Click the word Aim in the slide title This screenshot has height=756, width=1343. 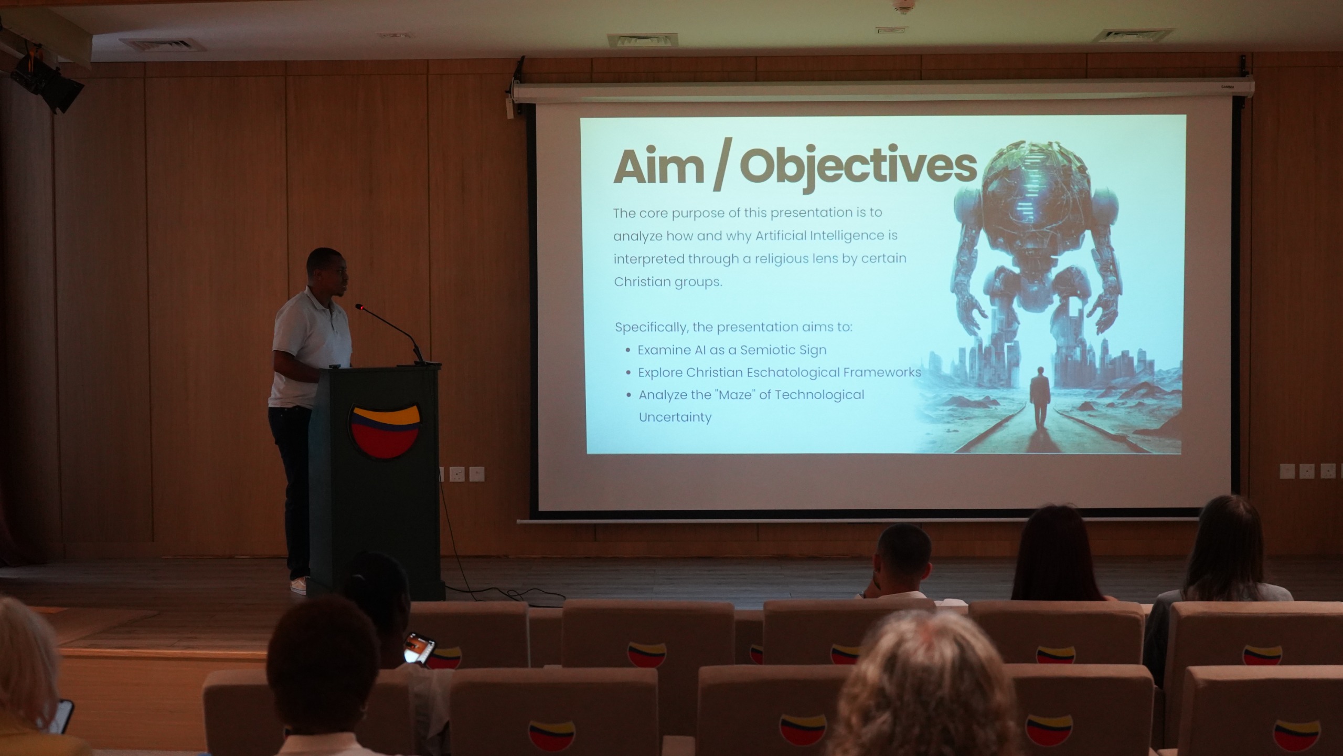click(x=659, y=166)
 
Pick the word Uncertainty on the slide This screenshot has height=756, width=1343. click(x=675, y=417)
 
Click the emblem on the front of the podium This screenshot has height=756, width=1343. click(x=385, y=430)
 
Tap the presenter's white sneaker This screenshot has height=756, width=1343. click(x=299, y=585)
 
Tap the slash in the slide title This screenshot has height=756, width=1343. click(x=722, y=168)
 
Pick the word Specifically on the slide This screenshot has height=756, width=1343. click(x=651, y=328)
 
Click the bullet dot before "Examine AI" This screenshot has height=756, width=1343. click(x=628, y=350)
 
